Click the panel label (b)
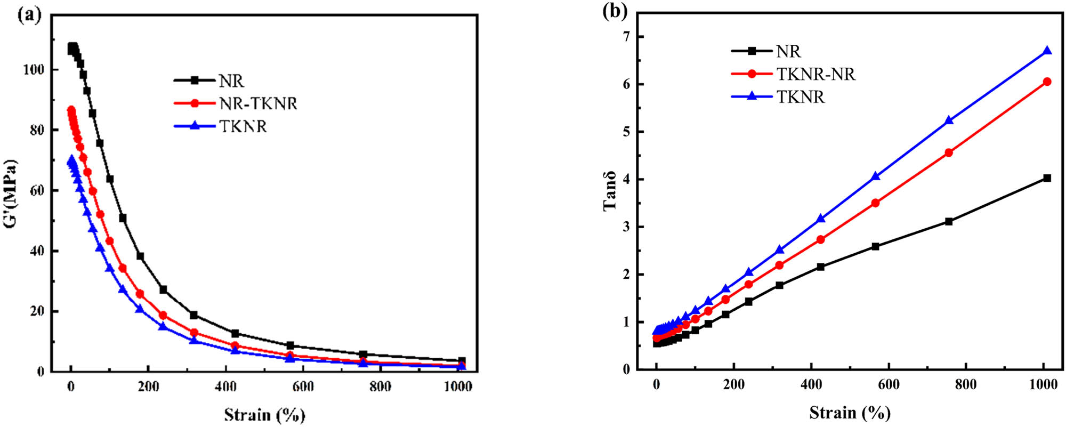click(615, 12)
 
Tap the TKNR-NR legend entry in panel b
click(815, 74)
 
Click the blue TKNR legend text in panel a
click(243, 126)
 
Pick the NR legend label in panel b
click(788, 51)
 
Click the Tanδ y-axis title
click(610, 190)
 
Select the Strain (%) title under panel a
click(264, 415)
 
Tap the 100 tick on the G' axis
click(34, 70)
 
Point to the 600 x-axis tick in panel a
click(303, 386)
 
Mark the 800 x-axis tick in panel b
click(966, 384)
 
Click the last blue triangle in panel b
click(1047, 51)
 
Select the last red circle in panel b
click(1047, 82)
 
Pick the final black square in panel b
click(1047, 178)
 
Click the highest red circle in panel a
click(71, 110)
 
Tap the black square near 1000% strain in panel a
click(462, 361)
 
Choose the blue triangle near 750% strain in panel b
click(949, 120)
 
